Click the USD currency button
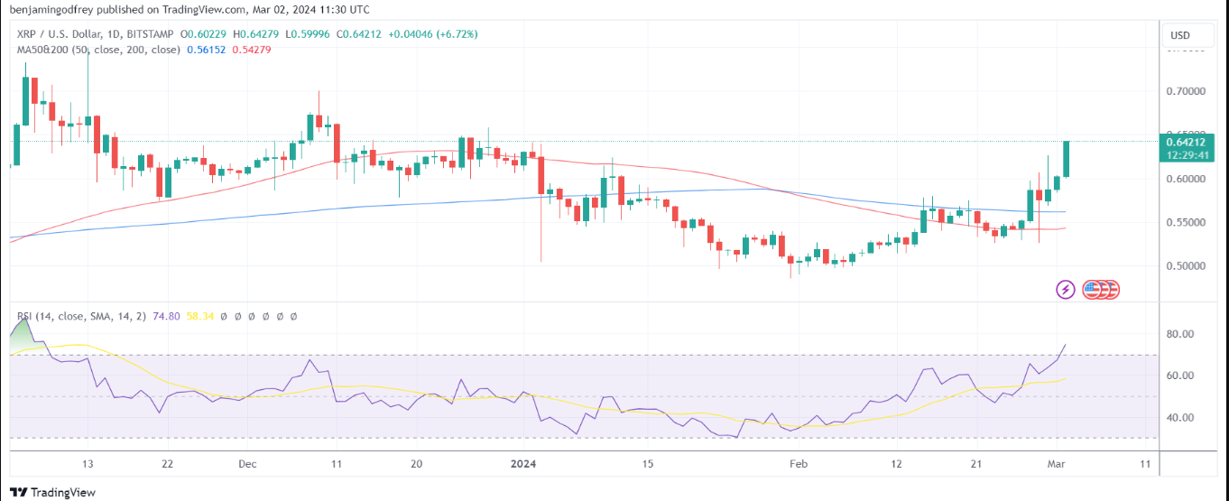(1179, 35)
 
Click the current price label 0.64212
(1184, 142)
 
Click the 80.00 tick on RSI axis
(1179, 334)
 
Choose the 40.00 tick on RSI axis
(1179, 418)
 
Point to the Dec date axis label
(248, 464)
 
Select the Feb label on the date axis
(798, 464)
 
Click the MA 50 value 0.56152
(204, 50)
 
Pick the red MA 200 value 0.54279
(252, 50)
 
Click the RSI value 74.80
(167, 317)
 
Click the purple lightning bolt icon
(1065, 290)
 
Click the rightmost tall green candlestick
(1066, 159)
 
